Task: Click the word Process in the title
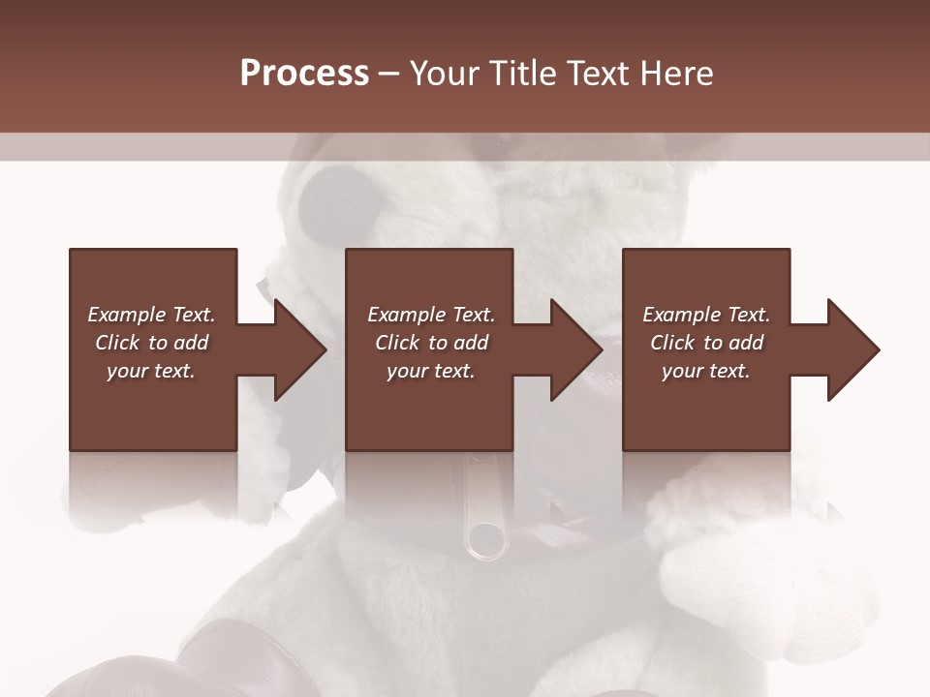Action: pyautogui.click(x=304, y=74)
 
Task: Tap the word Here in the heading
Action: pyautogui.click(x=677, y=74)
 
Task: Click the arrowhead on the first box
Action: pyautogui.click(x=296, y=349)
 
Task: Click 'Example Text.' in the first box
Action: pyautogui.click(x=151, y=315)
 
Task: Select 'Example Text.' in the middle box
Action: pyautogui.click(x=431, y=315)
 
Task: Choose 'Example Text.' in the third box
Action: pyautogui.click(x=706, y=315)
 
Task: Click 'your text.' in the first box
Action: pyautogui.click(x=151, y=371)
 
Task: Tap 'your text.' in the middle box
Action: pyautogui.click(x=431, y=371)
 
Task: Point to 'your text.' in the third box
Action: pyautogui.click(x=706, y=371)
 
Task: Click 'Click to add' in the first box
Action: pyautogui.click(x=151, y=343)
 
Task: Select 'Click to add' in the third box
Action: pyautogui.click(x=706, y=343)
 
